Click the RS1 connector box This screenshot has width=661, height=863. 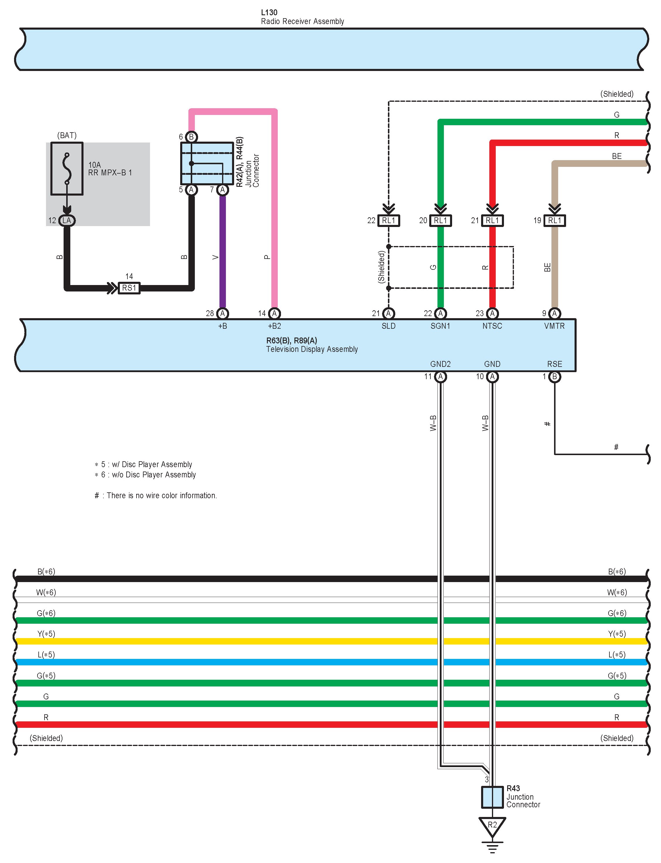(129, 288)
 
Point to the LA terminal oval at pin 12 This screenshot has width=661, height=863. (67, 221)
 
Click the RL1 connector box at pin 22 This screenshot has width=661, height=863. (389, 221)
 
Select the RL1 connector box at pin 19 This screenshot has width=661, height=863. (555, 221)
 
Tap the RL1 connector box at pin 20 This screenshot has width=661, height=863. (441, 221)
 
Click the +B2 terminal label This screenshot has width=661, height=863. (275, 326)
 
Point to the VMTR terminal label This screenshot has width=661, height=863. (554, 326)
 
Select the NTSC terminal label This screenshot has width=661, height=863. (492, 326)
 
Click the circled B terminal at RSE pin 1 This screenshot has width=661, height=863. (555, 377)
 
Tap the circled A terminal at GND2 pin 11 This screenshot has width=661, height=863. (441, 377)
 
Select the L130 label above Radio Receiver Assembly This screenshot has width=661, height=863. (269, 13)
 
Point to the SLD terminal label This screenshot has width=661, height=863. (389, 326)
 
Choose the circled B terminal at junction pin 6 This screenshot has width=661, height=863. (191, 137)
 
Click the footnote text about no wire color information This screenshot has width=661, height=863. (156, 495)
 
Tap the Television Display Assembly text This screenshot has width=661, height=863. (312, 349)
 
